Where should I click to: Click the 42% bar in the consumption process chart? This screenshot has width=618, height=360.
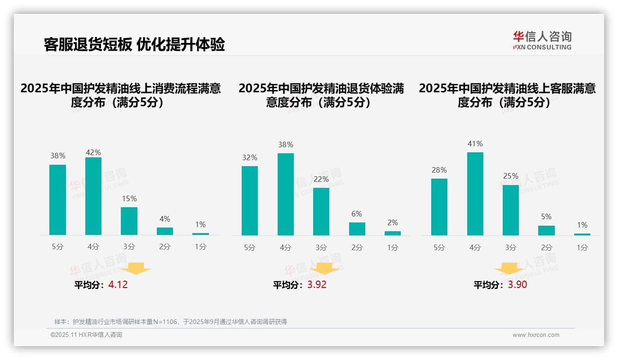[94, 196]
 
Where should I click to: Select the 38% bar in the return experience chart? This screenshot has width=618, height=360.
[285, 194]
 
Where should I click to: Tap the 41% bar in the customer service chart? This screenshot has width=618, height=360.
[475, 194]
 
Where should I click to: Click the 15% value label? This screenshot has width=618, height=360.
[129, 199]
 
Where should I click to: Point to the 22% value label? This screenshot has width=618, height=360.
[321, 179]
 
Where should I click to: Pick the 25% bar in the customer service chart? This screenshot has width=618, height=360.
[511, 210]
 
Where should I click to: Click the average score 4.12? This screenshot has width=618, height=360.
[118, 285]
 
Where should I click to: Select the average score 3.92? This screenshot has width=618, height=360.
[317, 285]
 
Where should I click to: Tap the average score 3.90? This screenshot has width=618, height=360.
[517, 285]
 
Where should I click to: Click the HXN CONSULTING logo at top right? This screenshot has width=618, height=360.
[542, 41]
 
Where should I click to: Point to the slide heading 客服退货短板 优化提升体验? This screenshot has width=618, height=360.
[134, 45]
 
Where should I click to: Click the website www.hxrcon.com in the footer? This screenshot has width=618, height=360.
[536, 335]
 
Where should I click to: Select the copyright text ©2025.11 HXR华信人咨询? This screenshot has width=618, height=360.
[86, 335]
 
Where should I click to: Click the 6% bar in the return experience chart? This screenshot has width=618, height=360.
[357, 229]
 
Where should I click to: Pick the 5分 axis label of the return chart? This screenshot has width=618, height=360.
[250, 247]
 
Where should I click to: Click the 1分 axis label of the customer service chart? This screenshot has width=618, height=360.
[582, 247]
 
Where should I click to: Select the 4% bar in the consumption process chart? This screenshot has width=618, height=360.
[165, 231]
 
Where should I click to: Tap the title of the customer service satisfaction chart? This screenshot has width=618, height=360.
[507, 96]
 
